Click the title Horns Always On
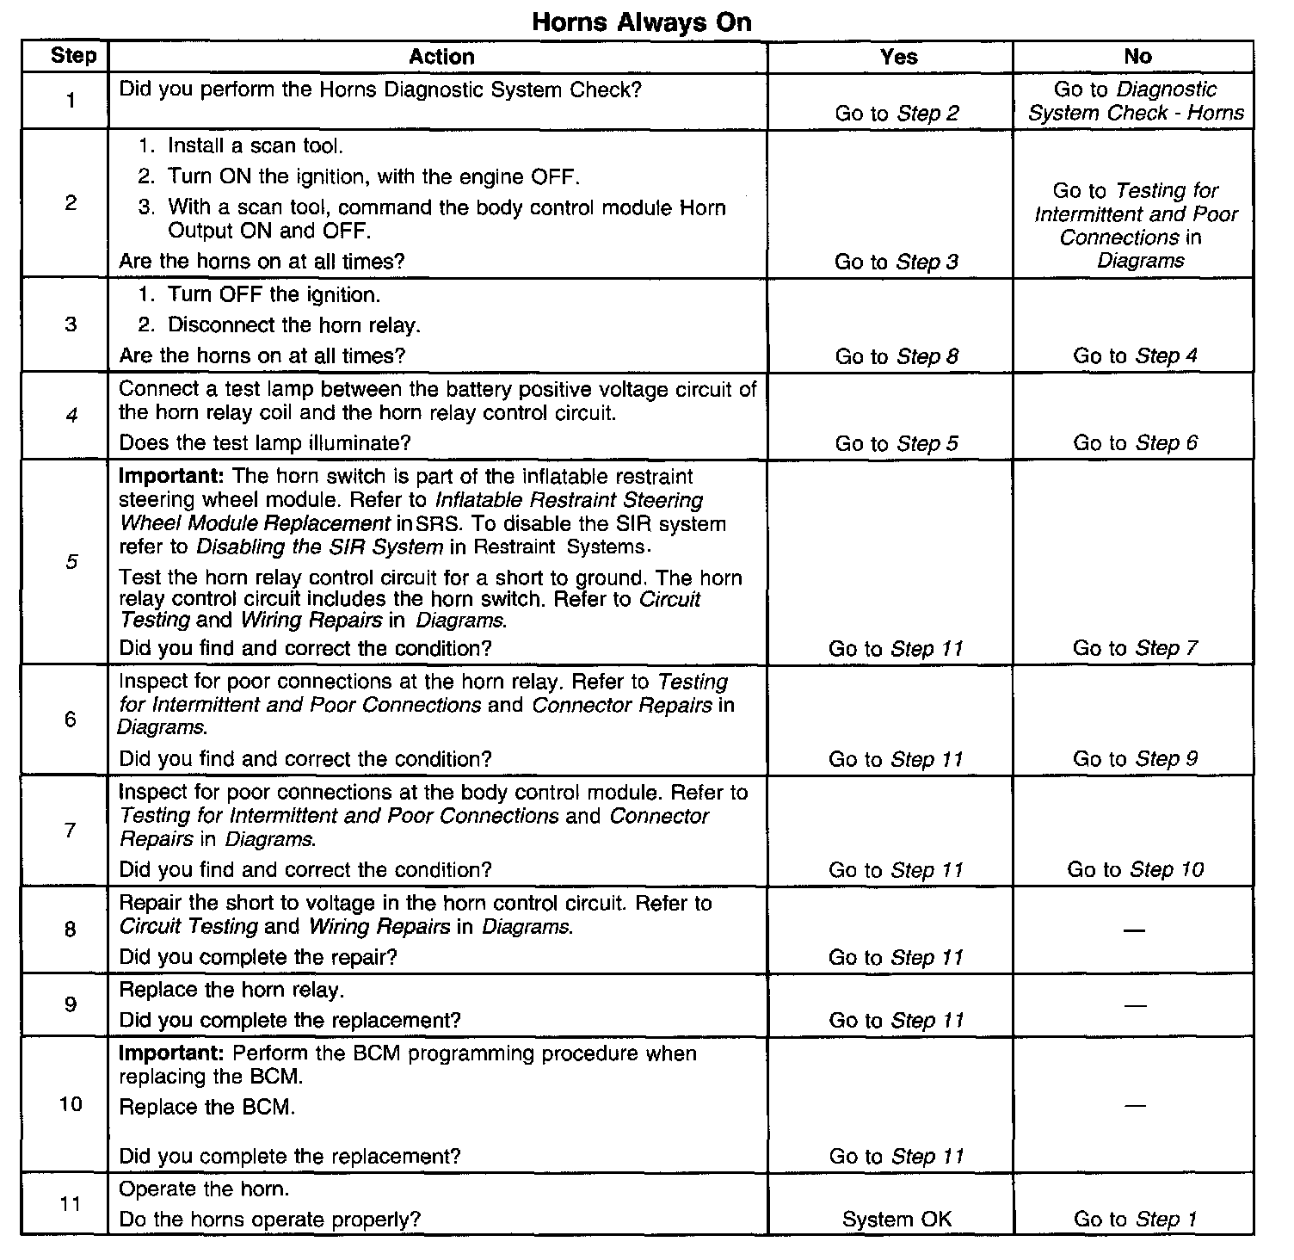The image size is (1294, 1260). pos(642,22)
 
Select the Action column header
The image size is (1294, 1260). pos(441,57)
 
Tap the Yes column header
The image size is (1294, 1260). pos(898,57)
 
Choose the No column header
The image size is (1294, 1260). pos(1137,57)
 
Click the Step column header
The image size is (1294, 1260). pos(73,57)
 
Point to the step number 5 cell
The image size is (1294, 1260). pos(71,562)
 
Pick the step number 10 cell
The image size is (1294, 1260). pos(71,1104)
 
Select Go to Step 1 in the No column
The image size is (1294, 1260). pos(1135,1220)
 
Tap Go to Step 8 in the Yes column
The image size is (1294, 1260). pos(896,356)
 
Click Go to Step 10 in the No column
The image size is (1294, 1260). pos(1135,869)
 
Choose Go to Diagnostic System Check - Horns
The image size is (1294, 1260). pos(1136,102)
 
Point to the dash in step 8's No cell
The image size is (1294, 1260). pos(1135,931)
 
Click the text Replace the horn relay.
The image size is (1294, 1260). pos(231,990)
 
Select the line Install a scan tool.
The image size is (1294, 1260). pos(255,146)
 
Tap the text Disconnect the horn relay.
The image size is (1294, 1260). pos(293,325)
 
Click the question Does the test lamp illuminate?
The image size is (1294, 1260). pos(265,443)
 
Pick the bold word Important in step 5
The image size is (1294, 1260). pos(171,477)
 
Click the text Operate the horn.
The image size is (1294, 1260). pos(204,1189)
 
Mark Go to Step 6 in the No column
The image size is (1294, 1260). pos(1135,443)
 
